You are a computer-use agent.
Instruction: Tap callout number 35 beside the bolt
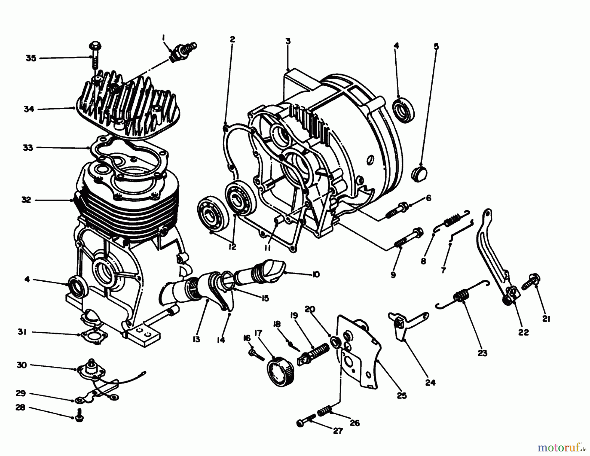tap(31, 58)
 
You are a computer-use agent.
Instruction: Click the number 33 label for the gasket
tap(28, 148)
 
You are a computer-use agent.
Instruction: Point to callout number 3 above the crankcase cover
tap(287, 42)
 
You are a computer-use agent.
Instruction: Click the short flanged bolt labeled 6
tap(397, 209)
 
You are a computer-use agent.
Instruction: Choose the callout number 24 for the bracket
tap(430, 382)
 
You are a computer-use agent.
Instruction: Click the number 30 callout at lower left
tap(22, 365)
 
